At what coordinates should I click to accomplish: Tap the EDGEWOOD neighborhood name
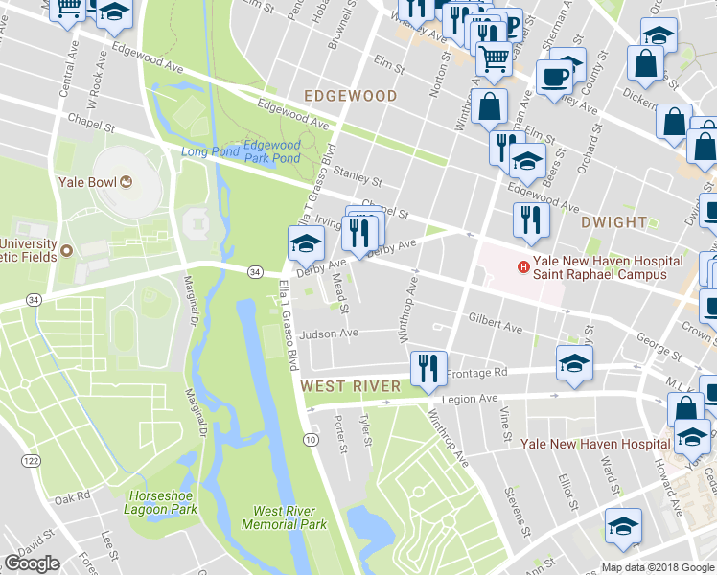pos(350,96)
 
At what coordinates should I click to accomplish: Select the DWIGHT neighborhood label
pos(613,222)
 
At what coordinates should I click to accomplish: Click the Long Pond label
pos(207,151)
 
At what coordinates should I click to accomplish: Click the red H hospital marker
pos(523,266)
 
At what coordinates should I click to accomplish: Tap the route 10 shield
pos(311,439)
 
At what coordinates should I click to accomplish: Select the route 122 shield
pos(32,461)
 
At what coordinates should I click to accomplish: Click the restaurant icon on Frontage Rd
pos(425,367)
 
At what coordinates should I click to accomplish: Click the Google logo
pos(32,563)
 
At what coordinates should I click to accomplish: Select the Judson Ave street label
pos(328,334)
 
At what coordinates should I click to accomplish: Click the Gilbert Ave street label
pos(495,322)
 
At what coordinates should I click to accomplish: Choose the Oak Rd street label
pos(72,497)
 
